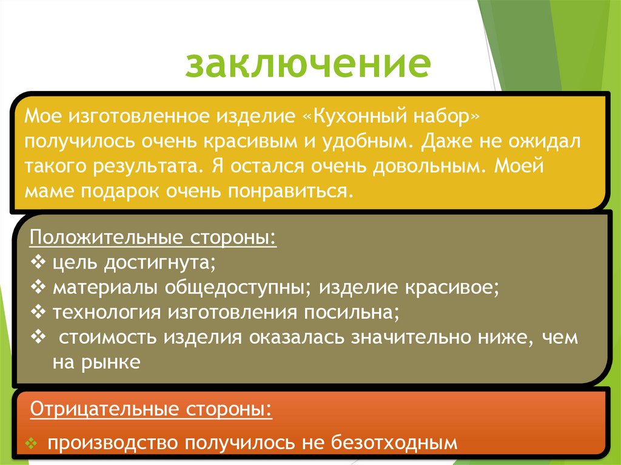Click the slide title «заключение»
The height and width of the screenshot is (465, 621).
(307, 65)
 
